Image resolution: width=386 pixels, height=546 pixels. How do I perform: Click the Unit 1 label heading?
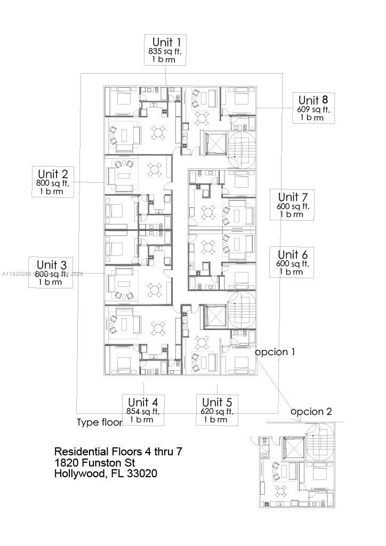point(166,42)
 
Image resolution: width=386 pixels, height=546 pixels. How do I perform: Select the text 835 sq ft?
point(166,52)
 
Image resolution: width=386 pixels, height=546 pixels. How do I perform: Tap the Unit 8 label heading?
point(313,100)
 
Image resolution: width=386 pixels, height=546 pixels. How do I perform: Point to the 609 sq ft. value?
point(313,109)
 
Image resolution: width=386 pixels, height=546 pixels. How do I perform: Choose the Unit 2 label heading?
point(53,174)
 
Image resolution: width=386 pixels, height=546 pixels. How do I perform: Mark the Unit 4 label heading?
point(143,402)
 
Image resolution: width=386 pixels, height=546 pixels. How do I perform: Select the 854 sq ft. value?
point(143,411)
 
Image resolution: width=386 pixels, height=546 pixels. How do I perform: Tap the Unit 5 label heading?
point(216,402)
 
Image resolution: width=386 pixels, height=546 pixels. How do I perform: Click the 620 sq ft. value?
point(216,411)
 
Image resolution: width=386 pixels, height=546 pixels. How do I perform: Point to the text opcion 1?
point(275,352)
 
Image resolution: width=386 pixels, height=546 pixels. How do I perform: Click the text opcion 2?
point(311,412)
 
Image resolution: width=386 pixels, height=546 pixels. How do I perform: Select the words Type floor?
point(99,422)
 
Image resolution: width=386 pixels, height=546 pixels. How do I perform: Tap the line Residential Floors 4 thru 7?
point(118,452)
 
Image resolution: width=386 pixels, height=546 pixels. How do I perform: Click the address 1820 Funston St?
point(95,462)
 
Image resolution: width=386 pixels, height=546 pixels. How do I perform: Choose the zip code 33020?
point(142,473)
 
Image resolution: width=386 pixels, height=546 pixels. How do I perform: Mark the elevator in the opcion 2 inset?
point(293,447)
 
